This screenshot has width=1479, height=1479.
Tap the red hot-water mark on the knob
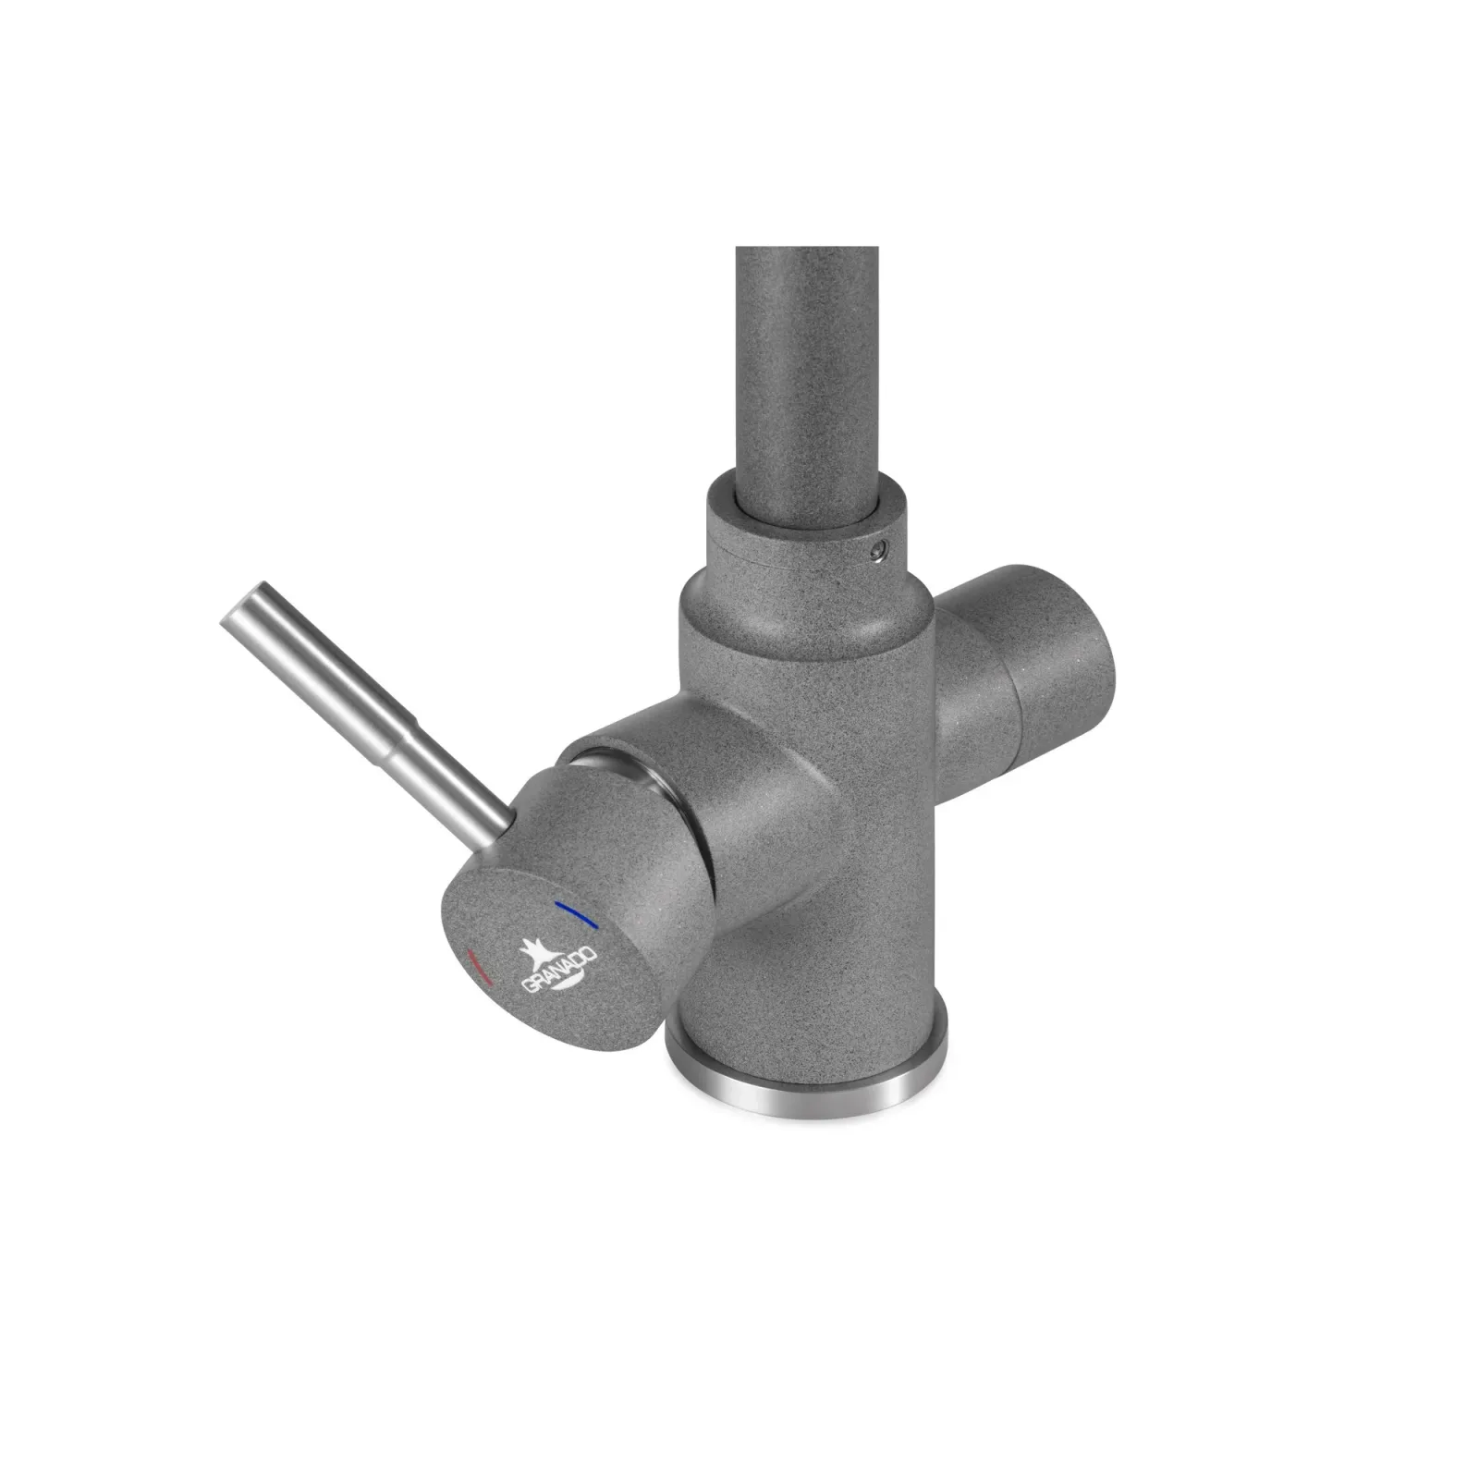coord(480,965)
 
